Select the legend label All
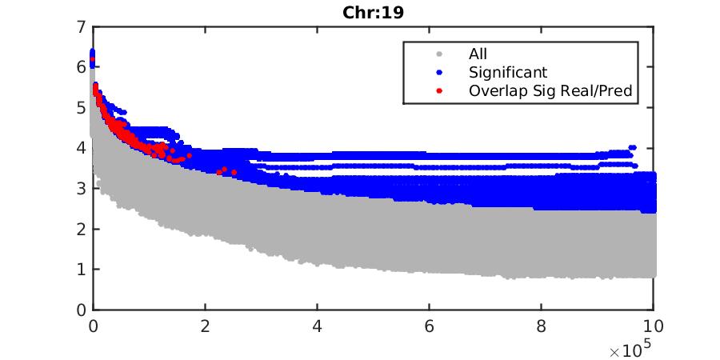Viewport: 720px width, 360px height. (477, 54)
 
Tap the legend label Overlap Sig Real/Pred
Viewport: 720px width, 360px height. (550, 90)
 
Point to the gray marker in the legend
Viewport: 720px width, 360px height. (438, 54)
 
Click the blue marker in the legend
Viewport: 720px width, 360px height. (438, 73)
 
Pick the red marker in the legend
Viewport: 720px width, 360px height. (438, 90)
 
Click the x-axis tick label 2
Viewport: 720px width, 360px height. (206, 326)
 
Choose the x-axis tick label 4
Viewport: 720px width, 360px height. (318, 326)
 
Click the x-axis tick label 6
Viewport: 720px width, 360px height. (430, 326)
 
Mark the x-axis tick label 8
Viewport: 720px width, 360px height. (542, 326)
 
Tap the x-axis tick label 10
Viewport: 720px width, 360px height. (654, 326)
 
